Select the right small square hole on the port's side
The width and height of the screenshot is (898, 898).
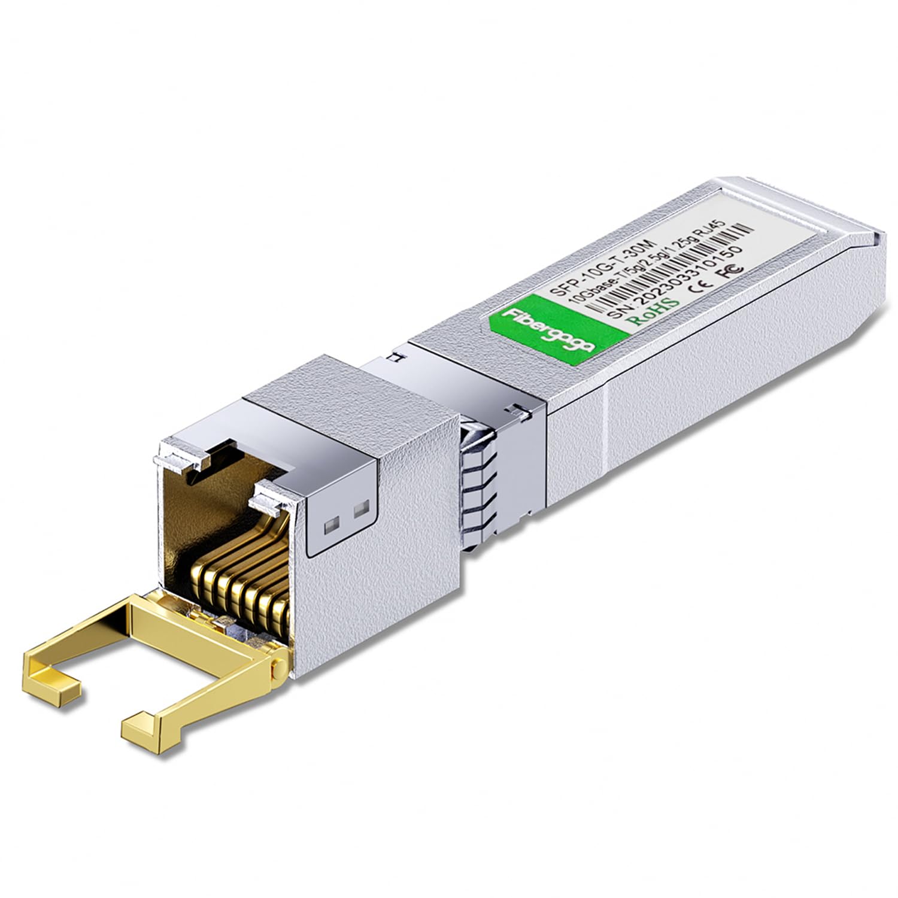click(x=360, y=510)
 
